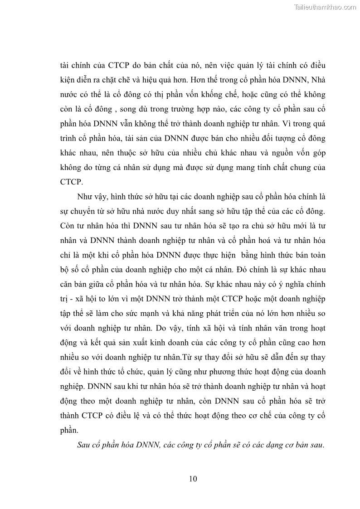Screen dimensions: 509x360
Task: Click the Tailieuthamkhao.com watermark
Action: point(325,7)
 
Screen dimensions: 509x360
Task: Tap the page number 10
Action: point(193,479)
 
